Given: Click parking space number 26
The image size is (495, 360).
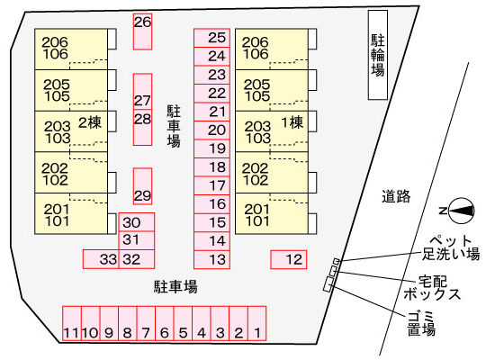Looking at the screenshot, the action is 143,31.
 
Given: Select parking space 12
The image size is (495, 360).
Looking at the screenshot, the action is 289,259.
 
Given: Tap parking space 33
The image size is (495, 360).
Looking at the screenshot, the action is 101,259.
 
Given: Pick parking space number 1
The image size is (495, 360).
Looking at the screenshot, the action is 257,323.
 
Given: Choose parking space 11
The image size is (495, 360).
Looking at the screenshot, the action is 72,323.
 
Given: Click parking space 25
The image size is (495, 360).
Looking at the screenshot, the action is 211,38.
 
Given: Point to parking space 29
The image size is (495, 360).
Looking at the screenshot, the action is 143,186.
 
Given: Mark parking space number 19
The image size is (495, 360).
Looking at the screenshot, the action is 211,148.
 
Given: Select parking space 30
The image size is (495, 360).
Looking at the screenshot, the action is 137,222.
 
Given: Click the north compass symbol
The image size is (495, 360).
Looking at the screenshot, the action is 461,211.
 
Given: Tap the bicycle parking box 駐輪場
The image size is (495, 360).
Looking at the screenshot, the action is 378,55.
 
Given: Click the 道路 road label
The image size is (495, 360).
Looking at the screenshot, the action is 396,196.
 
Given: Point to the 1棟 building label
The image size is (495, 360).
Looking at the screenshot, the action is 292,122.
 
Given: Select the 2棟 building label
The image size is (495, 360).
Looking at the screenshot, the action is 90,122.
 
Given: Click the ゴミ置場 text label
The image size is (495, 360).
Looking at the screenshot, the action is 421,323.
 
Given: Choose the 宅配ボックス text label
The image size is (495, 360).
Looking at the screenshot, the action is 431,288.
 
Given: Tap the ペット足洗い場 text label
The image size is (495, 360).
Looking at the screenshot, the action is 451,248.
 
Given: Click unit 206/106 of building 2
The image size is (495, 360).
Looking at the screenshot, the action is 71,49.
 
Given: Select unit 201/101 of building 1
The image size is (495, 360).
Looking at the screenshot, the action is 272,214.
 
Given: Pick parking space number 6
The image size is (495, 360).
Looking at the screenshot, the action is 165,323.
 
